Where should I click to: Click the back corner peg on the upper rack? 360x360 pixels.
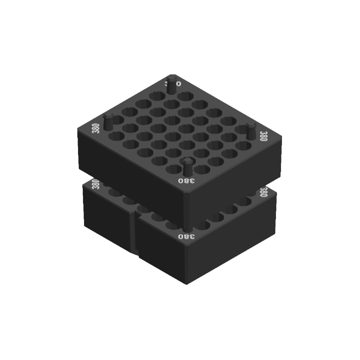coord(172,85)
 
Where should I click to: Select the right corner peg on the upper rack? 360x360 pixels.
coord(251,132)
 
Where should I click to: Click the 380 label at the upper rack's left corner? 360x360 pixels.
coord(96,128)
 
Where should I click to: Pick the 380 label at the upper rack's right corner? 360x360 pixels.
coord(263,136)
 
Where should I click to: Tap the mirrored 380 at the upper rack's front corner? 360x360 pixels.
coord(186,181)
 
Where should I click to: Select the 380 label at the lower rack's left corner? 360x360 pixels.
coord(95,184)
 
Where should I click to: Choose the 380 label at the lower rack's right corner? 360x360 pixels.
coord(263,192)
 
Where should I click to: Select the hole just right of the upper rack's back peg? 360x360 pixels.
coord(186,96)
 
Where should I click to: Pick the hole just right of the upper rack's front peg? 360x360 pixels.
coord(202,169)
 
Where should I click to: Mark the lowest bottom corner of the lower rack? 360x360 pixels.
coord(186,284)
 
